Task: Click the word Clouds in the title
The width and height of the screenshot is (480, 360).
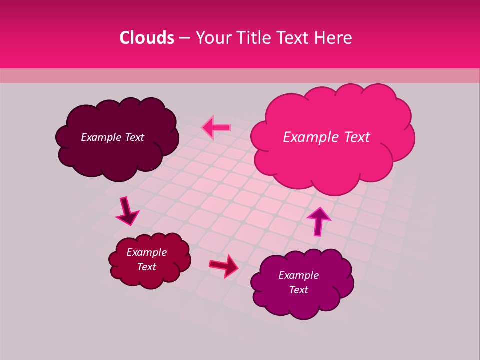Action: click(x=147, y=38)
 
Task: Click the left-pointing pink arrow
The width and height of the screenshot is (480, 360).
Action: click(x=216, y=127)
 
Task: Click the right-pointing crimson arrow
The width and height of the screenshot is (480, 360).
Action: click(x=224, y=265)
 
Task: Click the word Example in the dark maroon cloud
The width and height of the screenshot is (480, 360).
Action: click(x=101, y=137)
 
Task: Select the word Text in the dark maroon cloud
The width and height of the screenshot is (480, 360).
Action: click(x=135, y=137)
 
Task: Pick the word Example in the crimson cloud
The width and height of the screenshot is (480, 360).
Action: click(x=147, y=252)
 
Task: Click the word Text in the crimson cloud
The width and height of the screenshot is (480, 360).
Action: click(x=147, y=267)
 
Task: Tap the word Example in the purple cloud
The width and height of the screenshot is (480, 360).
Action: click(x=298, y=275)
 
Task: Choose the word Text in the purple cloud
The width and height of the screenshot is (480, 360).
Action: click(x=298, y=290)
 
